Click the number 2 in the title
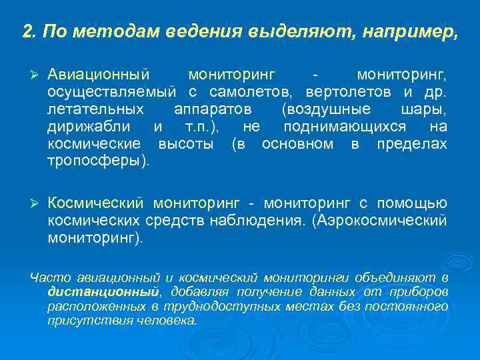[x=27, y=31]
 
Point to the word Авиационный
[x=99, y=73]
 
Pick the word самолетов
[x=256, y=91]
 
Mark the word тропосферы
[x=96, y=161]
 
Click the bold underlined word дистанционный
[x=103, y=291]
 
